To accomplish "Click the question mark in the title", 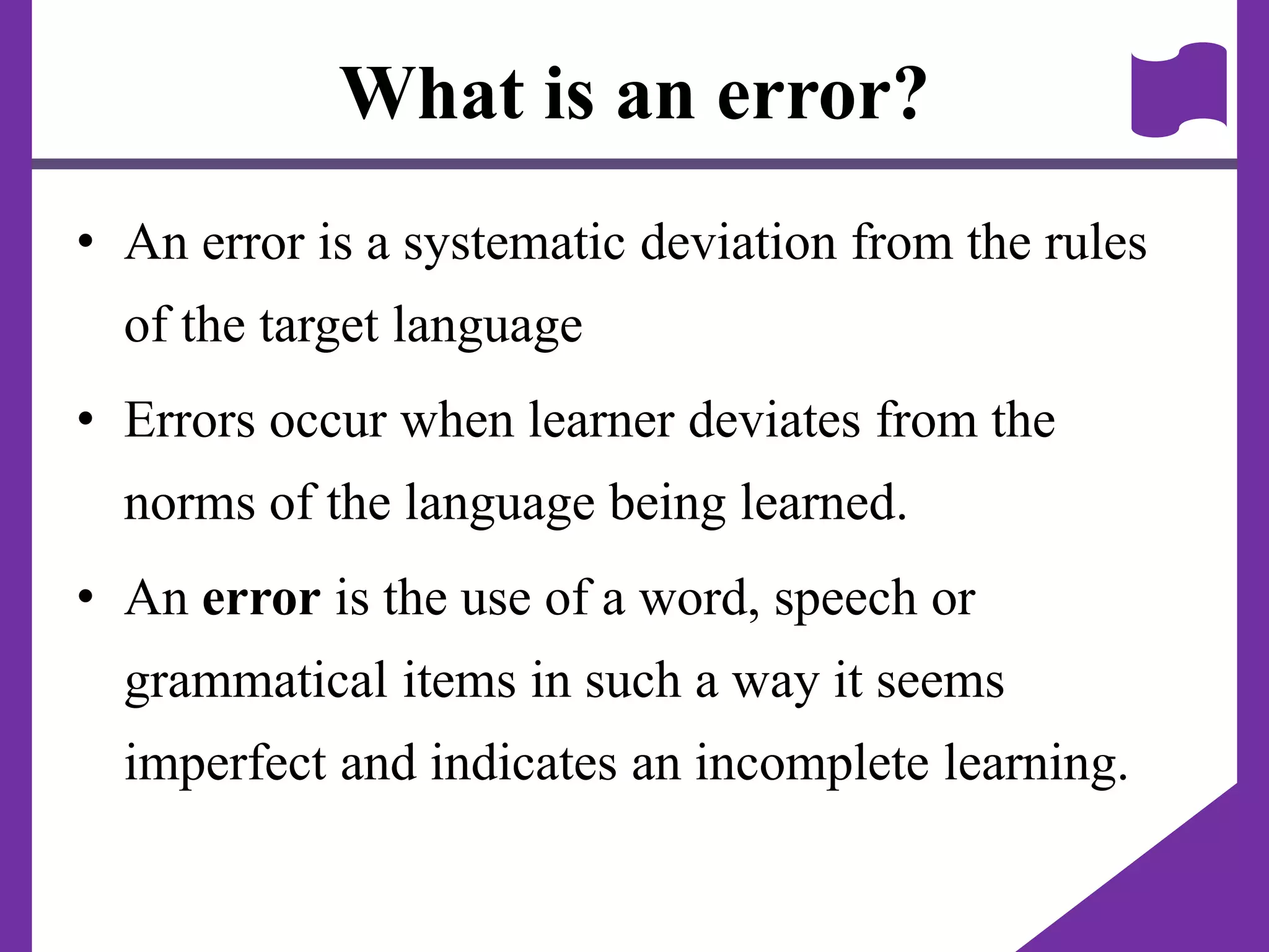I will (905, 93).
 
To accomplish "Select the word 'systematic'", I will (514, 243).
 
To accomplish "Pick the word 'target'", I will (319, 326).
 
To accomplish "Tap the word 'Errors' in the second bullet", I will (190, 420).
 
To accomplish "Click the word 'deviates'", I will (774, 420).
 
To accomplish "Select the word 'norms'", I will (190, 503).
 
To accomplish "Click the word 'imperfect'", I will (225, 764).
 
